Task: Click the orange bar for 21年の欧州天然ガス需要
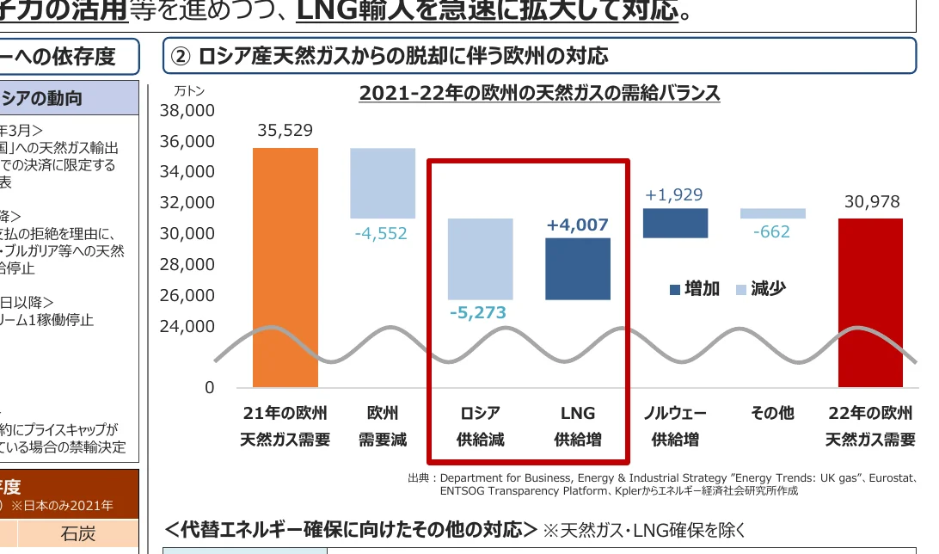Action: tap(285, 267)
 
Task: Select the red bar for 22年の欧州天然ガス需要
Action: tap(870, 301)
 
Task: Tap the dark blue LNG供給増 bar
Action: tap(578, 268)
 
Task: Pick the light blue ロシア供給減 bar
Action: tap(481, 258)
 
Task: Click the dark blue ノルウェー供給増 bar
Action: tap(675, 223)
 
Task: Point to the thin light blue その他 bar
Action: tap(772, 213)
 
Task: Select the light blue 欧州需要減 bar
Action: tap(383, 183)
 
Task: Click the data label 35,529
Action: tap(285, 131)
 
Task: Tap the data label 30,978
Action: tap(871, 202)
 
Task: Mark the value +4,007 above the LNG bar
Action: tap(578, 225)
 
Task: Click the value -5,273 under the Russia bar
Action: tap(478, 312)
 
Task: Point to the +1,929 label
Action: tap(675, 195)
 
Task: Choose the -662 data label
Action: tap(771, 231)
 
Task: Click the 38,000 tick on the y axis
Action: tap(187, 110)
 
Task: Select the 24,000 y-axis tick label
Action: tap(187, 326)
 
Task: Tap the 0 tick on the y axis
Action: tap(209, 388)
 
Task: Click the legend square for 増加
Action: tap(675, 290)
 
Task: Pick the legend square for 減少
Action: tap(741, 290)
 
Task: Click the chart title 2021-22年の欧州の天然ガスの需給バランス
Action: tap(539, 93)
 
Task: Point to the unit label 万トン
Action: tap(189, 90)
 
